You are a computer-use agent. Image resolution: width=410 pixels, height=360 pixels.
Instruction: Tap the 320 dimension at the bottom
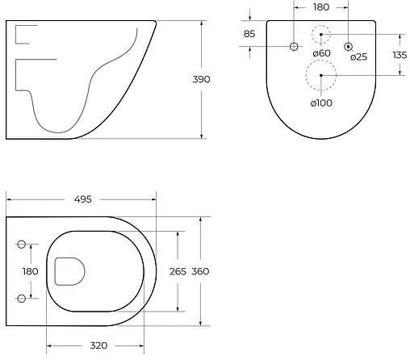98,345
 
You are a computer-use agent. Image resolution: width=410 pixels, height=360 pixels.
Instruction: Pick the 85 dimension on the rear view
249,34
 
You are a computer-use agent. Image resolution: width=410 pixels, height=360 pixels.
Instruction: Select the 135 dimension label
397,55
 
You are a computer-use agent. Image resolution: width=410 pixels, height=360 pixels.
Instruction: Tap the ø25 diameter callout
359,57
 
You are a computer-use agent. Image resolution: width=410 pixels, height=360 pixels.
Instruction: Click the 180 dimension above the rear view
322,7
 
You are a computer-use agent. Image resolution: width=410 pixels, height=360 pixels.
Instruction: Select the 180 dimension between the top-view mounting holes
30,272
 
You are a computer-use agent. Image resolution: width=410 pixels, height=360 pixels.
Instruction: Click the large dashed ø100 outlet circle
321,76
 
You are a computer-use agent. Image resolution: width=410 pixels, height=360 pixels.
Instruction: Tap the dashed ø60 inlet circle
321,36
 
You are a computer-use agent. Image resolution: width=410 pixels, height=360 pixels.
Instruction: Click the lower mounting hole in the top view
22,299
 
